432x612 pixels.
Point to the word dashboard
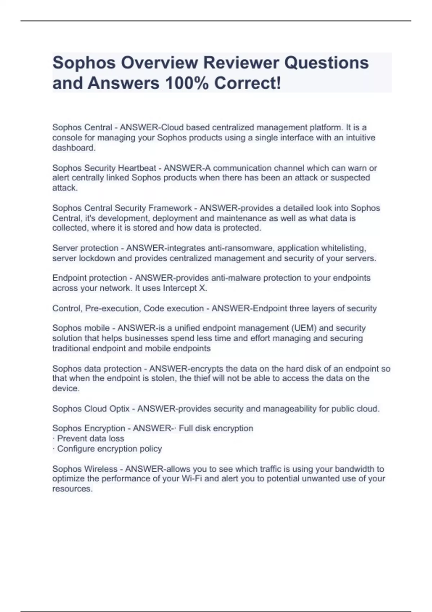[x=74, y=148]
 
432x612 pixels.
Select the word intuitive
[x=360, y=138]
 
